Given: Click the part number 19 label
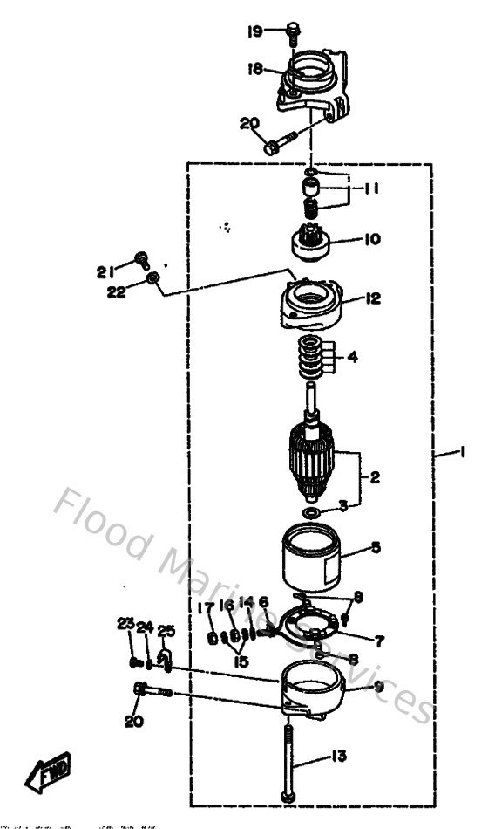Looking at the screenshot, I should pos(254,31).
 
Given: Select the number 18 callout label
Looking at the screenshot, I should pos(254,68).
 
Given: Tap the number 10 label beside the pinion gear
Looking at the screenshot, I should pos(372,238).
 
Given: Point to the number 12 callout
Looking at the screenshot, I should pos(372,299).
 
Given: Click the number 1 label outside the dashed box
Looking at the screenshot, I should pos(463,452).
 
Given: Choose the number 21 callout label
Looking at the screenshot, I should pos(105,271).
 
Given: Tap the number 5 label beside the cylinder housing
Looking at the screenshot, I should pos(375,547).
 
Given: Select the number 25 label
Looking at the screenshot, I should pos(166,631).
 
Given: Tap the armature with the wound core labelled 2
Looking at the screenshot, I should pos(310,462).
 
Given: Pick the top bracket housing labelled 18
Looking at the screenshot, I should pos(312,83).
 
